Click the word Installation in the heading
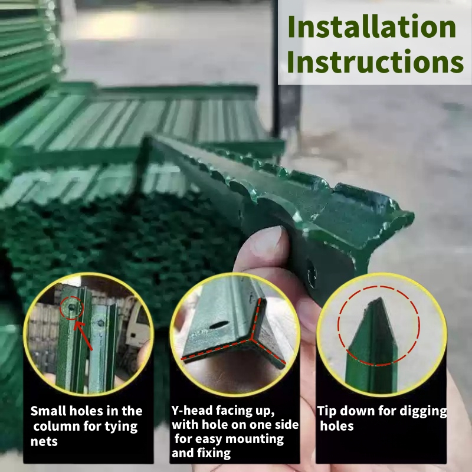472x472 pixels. point(372,27)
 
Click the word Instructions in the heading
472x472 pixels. point(375,61)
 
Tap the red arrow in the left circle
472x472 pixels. point(83,336)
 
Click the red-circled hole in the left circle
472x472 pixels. point(71,307)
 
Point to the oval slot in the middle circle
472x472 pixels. point(219,325)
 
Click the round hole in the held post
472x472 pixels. point(312,275)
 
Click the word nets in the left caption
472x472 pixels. point(44,441)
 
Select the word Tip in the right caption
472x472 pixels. point(327,411)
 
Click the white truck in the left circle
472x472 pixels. point(137,323)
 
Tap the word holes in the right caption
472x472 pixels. point(336,426)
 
